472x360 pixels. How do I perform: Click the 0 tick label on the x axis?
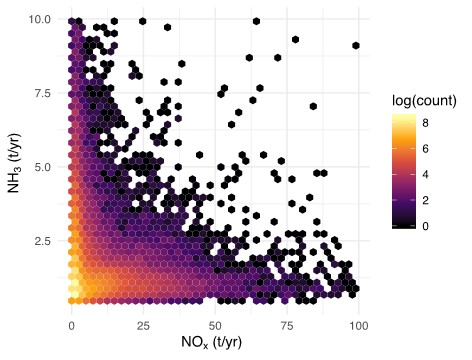point(71,326)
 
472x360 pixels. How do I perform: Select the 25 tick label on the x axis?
point(143,326)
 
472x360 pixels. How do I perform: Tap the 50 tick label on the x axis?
point(215,326)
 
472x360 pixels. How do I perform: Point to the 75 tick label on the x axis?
point(287,326)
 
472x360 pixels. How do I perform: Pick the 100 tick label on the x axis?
point(358,326)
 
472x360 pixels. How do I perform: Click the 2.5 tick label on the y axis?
point(40,241)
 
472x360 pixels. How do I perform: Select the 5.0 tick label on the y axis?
point(40,167)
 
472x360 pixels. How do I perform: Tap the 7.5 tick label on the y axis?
point(40,93)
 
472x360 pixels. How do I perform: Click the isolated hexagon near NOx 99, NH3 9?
point(356,45)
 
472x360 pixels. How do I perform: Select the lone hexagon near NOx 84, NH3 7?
point(313,106)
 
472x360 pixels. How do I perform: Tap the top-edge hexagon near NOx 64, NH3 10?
point(256,20)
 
